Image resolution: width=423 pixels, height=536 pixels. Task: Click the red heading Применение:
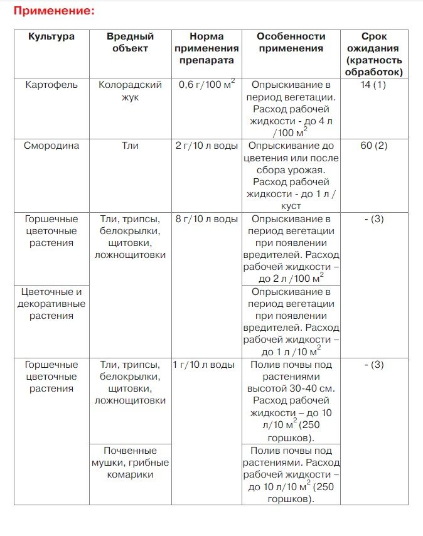tap(54, 11)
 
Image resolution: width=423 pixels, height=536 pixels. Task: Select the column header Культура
tap(51, 36)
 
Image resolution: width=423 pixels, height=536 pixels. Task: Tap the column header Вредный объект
tap(131, 42)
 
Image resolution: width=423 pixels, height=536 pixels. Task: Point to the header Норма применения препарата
tap(206, 48)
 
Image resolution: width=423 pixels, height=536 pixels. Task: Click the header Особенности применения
tap(290, 42)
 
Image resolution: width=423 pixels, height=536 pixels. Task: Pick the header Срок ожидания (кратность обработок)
tap(373, 54)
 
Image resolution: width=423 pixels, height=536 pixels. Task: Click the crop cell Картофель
tap(51, 85)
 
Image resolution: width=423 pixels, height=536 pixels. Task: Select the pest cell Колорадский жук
tap(131, 90)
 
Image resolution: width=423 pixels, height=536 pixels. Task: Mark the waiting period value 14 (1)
tap(373, 85)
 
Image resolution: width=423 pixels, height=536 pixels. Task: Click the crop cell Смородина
tap(51, 146)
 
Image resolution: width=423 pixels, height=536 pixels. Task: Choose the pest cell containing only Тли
tap(131, 146)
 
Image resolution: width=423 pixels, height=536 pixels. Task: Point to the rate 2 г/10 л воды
tap(206, 146)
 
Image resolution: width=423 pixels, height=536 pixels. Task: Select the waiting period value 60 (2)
tap(373, 146)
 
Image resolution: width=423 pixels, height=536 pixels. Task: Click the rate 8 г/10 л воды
tap(206, 219)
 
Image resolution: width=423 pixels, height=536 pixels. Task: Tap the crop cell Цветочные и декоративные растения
tap(51, 304)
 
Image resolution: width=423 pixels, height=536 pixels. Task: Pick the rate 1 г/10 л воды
tap(205, 365)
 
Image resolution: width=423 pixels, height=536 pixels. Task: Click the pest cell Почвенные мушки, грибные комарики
tap(131, 463)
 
